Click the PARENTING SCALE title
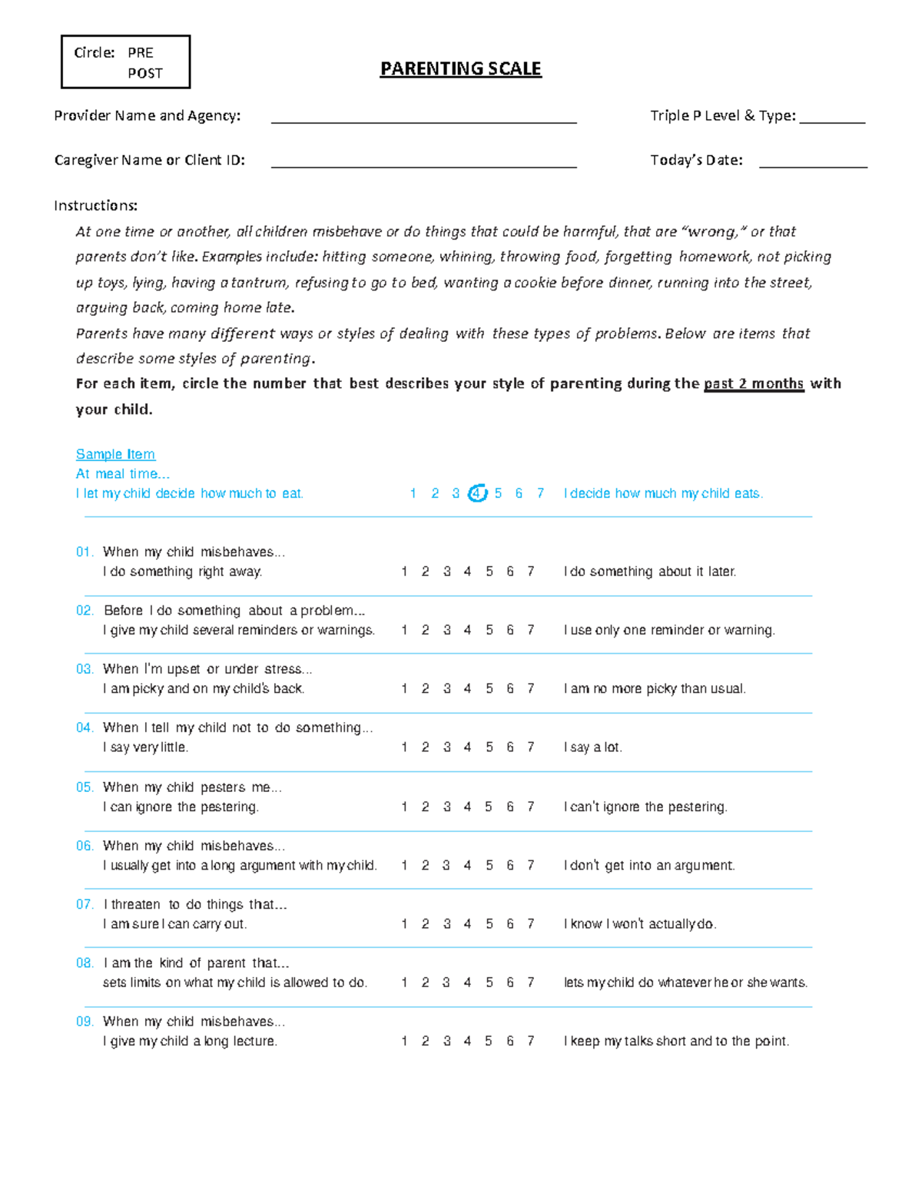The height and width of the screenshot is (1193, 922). pyautogui.click(x=460, y=69)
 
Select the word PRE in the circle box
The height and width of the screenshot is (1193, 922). pyautogui.click(x=141, y=53)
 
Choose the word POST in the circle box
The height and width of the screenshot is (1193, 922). pyautogui.click(x=145, y=74)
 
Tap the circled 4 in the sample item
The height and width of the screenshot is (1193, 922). pyautogui.click(x=477, y=493)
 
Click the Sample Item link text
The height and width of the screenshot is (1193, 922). pyautogui.click(x=115, y=454)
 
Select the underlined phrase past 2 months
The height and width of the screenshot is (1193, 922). pyautogui.click(x=753, y=383)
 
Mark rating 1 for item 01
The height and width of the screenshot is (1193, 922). pyautogui.click(x=404, y=572)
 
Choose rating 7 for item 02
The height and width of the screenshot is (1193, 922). pyautogui.click(x=530, y=630)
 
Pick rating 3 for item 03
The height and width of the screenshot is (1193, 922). pyautogui.click(x=446, y=688)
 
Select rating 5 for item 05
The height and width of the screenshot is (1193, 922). pyautogui.click(x=489, y=807)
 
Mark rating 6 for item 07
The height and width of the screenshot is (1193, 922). pyautogui.click(x=509, y=923)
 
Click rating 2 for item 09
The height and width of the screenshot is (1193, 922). pyautogui.click(x=425, y=1041)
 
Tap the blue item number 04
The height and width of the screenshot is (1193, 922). pyautogui.click(x=85, y=727)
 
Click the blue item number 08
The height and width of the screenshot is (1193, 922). pyautogui.click(x=85, y=963)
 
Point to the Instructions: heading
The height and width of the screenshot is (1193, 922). pyautogui.click(x=96, y=205)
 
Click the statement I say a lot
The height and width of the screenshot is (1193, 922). pyautogui.click(x=592, y=747)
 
